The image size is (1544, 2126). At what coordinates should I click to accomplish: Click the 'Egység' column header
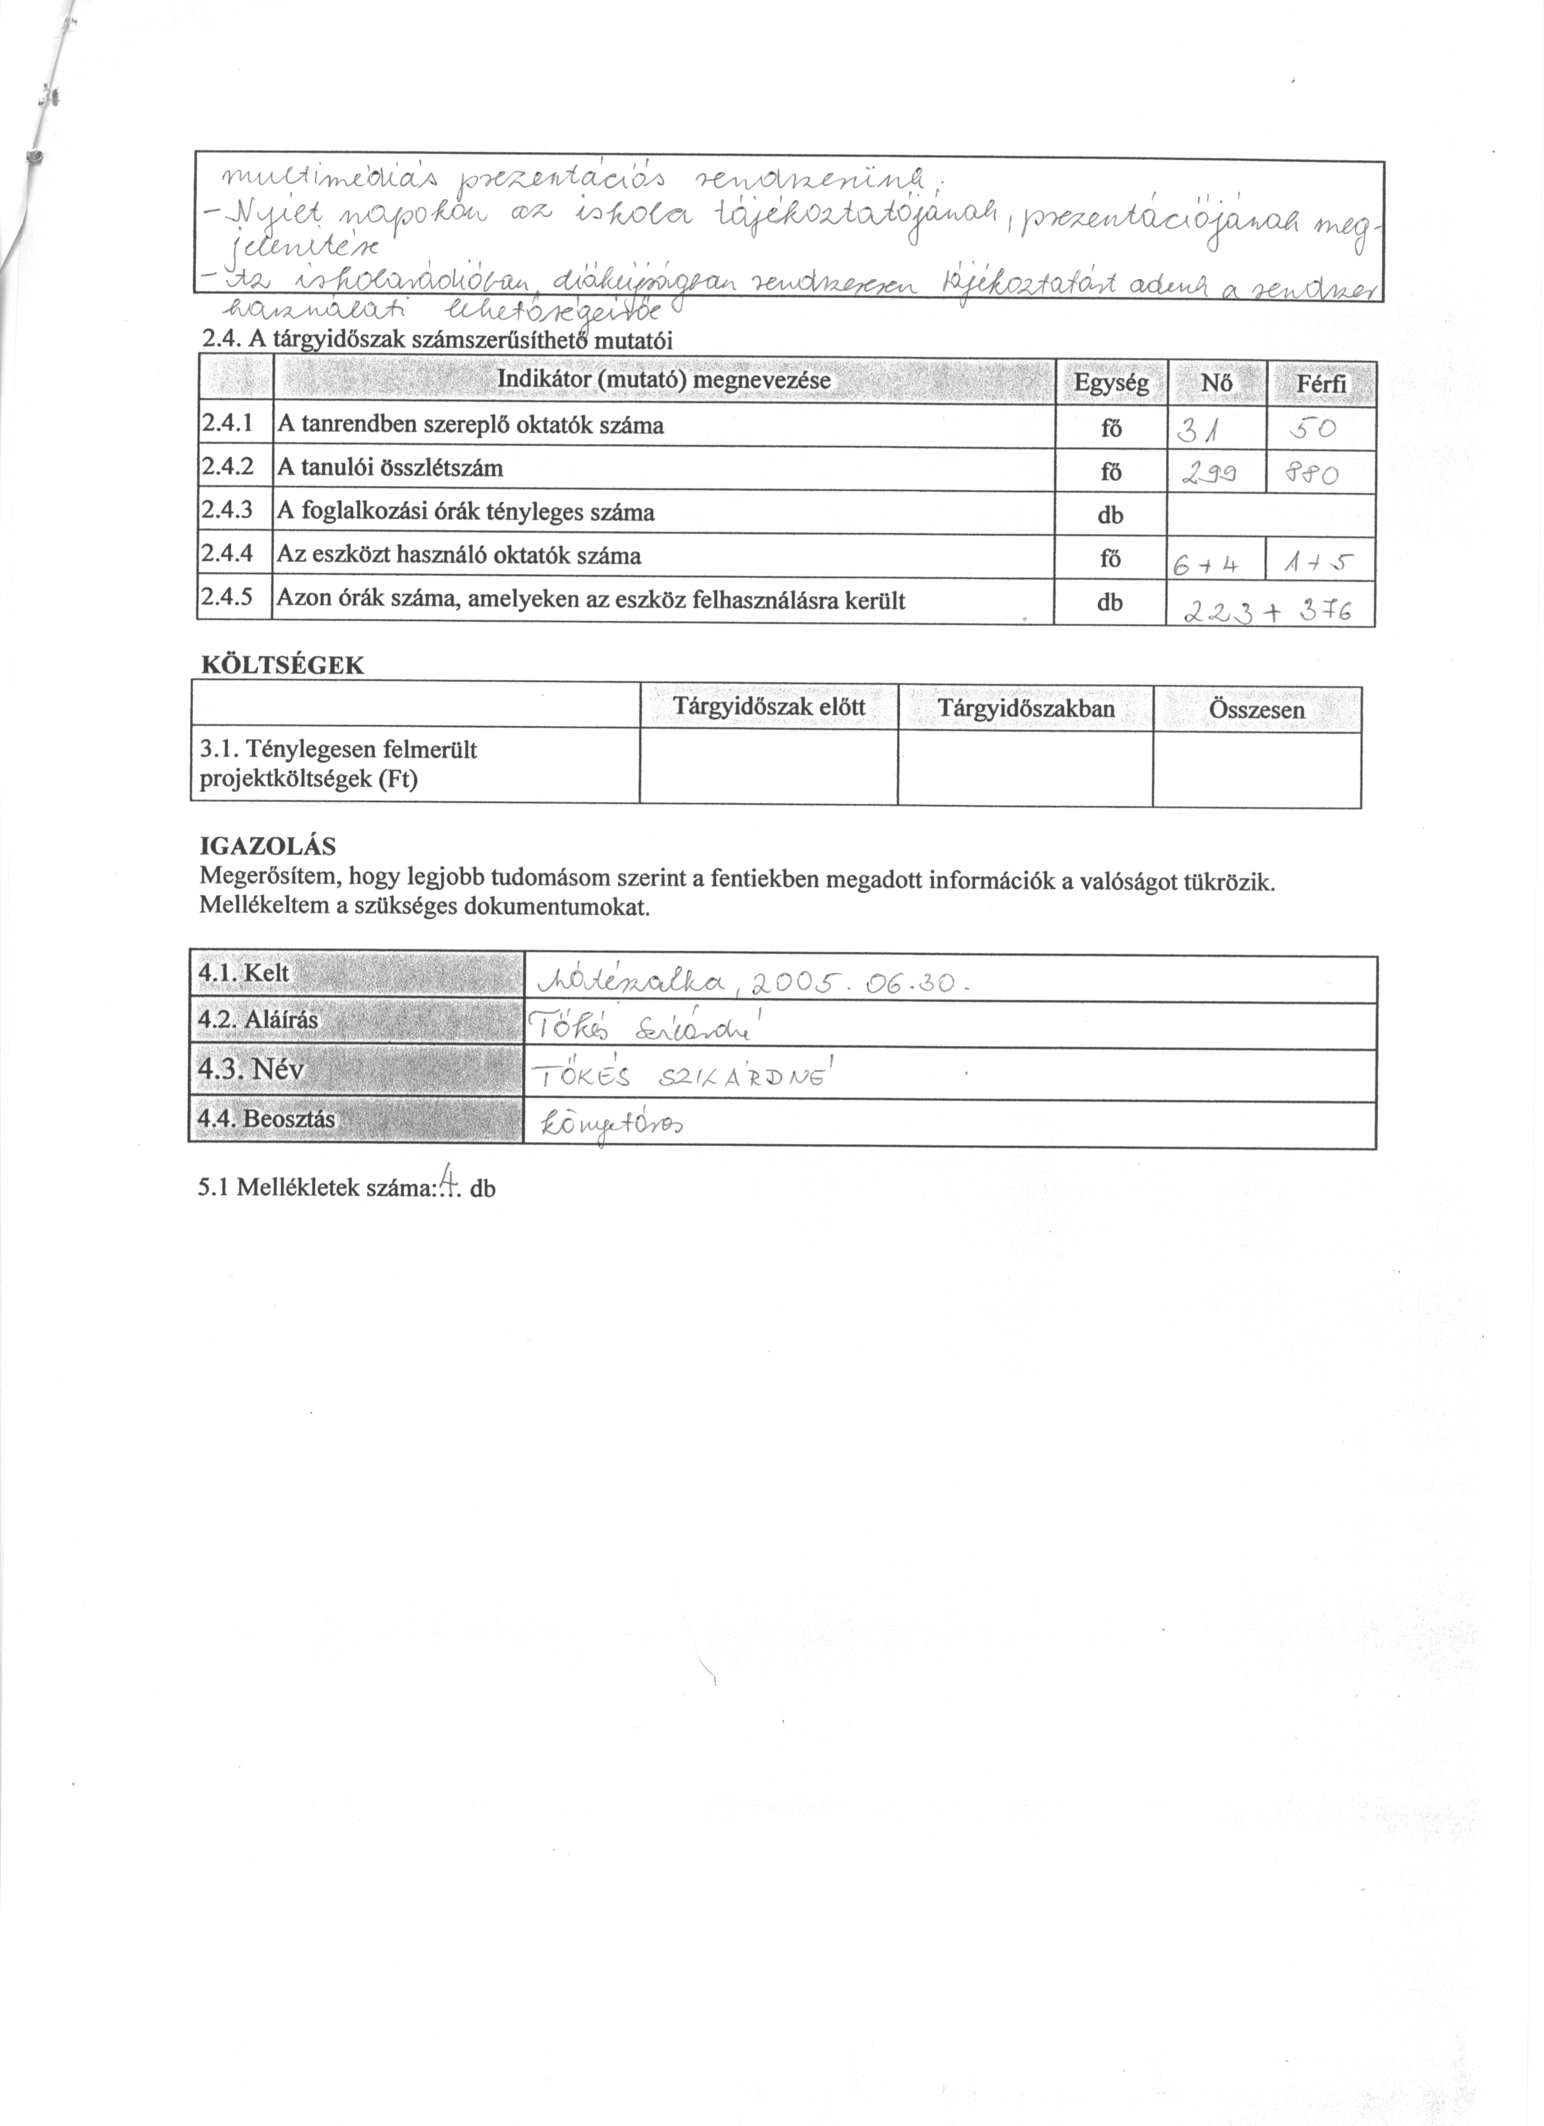tap(1111, 383)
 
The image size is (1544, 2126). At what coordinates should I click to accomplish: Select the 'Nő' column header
tap(1216, 383)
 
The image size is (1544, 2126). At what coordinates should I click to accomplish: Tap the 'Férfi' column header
tap(1321, 383)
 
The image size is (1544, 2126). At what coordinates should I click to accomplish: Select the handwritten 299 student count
tap(1206, 475)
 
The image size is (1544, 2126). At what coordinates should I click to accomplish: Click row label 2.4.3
tap(227, 511)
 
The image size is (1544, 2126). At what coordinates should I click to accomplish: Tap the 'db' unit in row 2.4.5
tap(1110, 603)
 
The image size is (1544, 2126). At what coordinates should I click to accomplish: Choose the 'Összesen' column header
tap(1256, 710)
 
